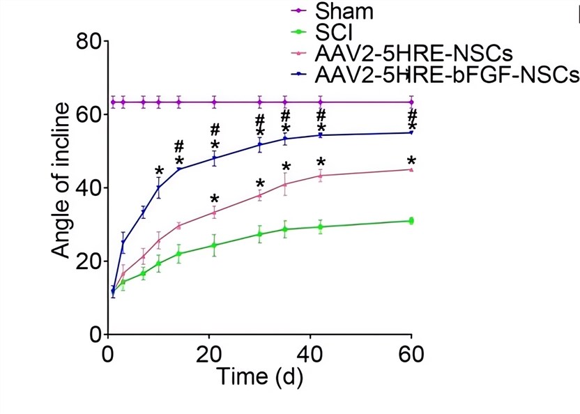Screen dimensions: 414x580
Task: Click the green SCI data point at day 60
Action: click(x=411, y=221)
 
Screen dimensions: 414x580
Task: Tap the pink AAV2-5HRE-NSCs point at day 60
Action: click(x=411, y=169)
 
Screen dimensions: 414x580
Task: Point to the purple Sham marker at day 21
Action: click(x=214, y=102)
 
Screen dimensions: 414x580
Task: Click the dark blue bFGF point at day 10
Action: click(x=159, y=187)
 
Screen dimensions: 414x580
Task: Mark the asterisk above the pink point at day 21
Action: click(x=215, y=199)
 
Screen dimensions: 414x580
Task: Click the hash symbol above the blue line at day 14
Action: click(x=179, y=146)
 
